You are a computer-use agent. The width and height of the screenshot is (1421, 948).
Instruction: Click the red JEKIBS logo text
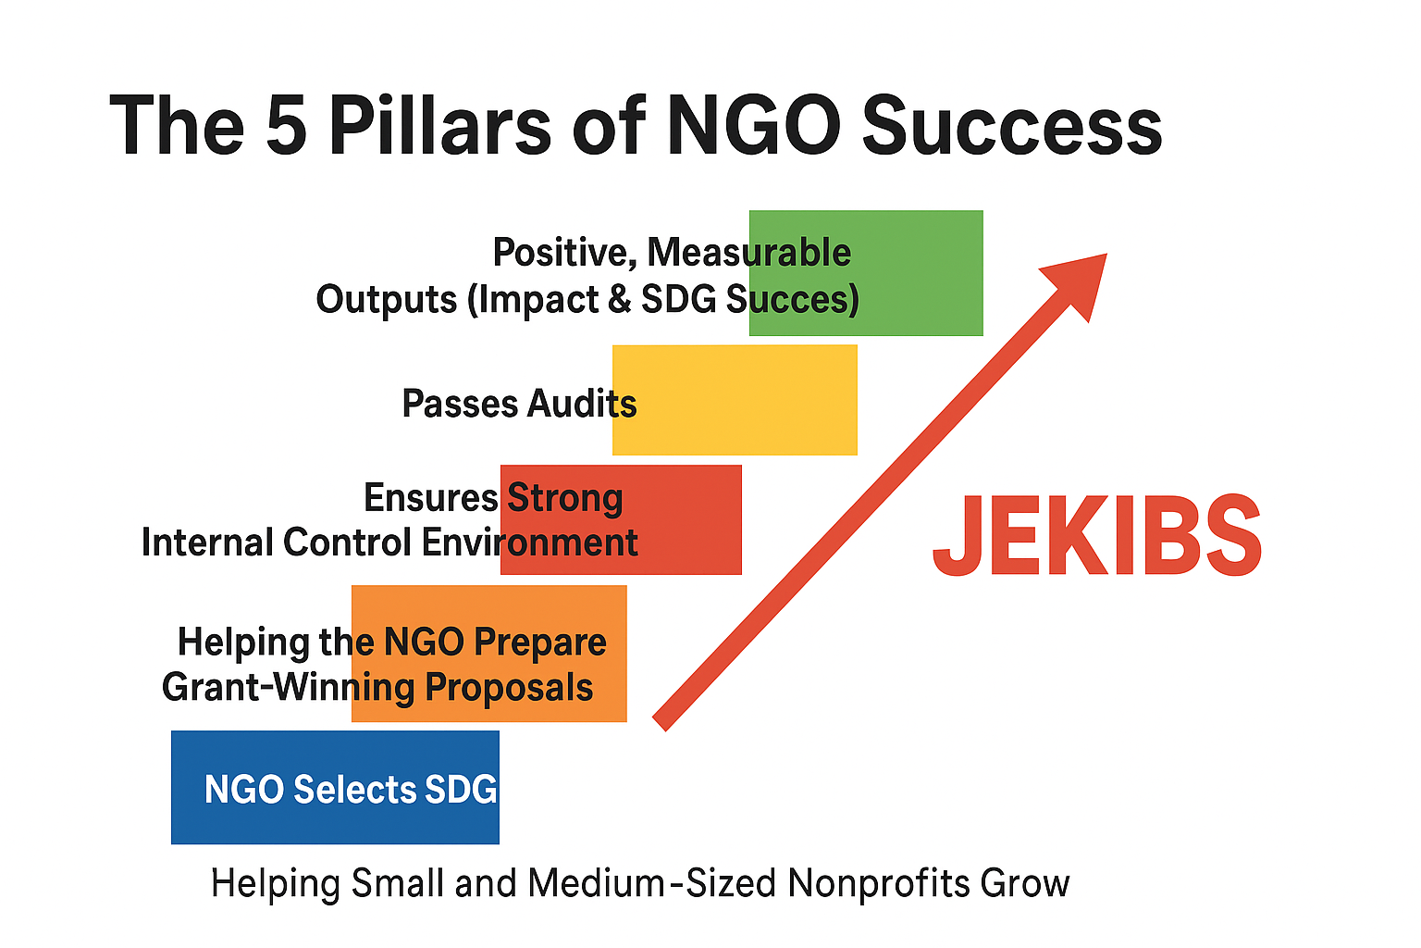tap(1097, 535)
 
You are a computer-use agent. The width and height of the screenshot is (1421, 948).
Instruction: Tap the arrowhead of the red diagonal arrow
tap(1079, 281)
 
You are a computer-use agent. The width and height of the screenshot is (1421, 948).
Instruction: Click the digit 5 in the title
tap(286, 124)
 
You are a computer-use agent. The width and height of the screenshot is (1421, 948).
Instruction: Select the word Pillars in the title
tap(439, 124)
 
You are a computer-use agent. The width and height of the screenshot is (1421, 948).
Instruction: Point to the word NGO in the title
tap(754, 124)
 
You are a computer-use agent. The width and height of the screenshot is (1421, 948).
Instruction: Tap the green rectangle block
tap(866, 273)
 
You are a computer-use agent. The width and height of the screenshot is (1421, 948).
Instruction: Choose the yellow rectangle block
tap(735, 400)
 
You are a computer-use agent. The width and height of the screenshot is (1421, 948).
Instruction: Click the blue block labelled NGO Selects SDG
tap(335, 787)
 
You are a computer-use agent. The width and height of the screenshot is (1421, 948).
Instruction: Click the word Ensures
tap(431, 497)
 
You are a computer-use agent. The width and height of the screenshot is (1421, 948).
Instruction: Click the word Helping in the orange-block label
tap(243, 642)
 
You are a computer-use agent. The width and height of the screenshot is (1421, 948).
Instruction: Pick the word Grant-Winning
tap(289, 688)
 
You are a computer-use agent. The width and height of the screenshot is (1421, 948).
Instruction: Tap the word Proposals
tap(509, 688)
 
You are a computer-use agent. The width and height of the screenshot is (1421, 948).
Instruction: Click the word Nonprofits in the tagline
tap(879, 884)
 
